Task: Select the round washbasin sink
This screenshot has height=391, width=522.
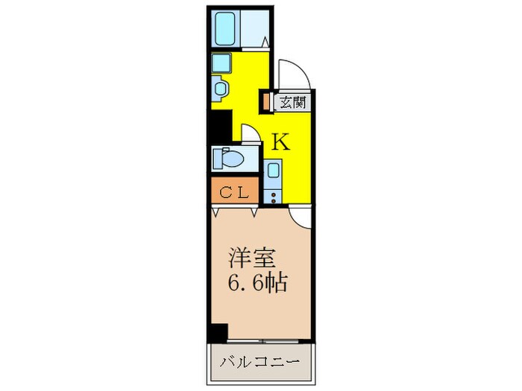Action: coord(221,89)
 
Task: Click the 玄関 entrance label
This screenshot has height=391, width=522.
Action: coord(291,102)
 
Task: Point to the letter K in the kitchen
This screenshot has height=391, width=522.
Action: coord(280,142)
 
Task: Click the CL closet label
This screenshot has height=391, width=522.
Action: coord(233,192)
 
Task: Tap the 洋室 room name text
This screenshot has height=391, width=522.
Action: coord(252,260)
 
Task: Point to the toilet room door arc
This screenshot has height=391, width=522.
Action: coord(249,134)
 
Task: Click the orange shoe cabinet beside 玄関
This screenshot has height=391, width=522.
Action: coord(266,101)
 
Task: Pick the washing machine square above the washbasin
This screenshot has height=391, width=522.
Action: coord(221,62)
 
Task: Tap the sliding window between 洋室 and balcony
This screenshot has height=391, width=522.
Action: coord(260,345)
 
